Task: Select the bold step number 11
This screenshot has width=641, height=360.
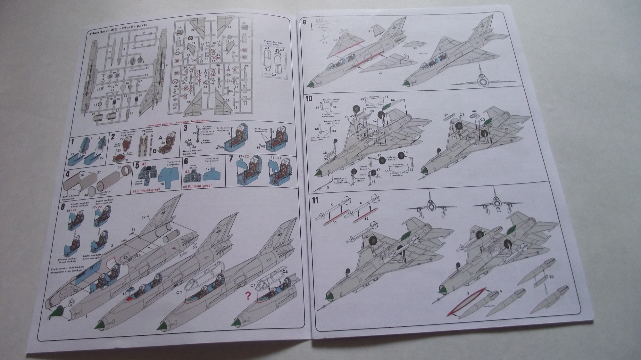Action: [x=315, y=201]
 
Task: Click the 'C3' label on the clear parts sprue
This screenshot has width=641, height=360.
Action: [x=274, y=75]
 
